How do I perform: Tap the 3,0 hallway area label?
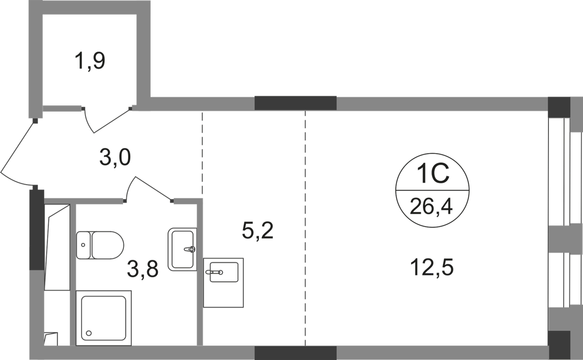(x=115, y=158)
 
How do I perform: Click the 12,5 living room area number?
(x=432, y=267)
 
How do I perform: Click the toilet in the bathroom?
(x=101, y=244)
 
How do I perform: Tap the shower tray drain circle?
(x=88, y=333)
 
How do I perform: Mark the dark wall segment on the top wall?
(x=295, y=103)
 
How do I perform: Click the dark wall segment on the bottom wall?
(x=295, y=353)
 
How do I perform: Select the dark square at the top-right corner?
(x=558, y=104)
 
